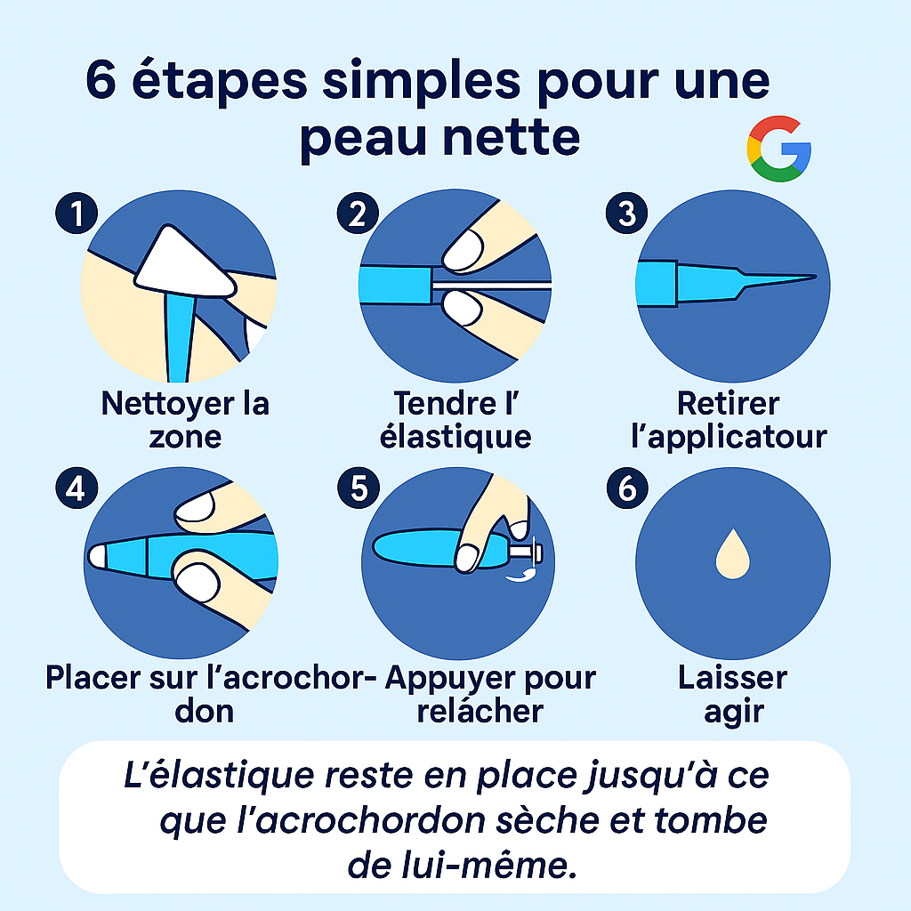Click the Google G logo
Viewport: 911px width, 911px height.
click(x=778, y=149)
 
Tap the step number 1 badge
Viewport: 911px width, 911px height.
click(x=77, y=214)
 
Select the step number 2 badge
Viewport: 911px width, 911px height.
click(x=358, y=214)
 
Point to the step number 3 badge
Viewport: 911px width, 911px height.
click(x=627, y=214)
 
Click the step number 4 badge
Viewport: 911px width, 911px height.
click(x=77, y=488)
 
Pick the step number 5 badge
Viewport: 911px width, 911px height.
click(x=359, y=488)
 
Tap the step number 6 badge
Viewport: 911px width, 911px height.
click(x=627, y=488)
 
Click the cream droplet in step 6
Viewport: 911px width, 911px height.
click(x=733, y=555)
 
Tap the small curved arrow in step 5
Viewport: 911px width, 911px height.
click(x=520, y=575)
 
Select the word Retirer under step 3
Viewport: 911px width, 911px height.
click(x=728, y=404)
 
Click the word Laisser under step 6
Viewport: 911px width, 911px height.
click(x=733, y=678)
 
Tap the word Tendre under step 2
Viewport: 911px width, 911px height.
click(x=446, y=404)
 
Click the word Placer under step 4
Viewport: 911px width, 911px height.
click(x=93, y=678)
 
